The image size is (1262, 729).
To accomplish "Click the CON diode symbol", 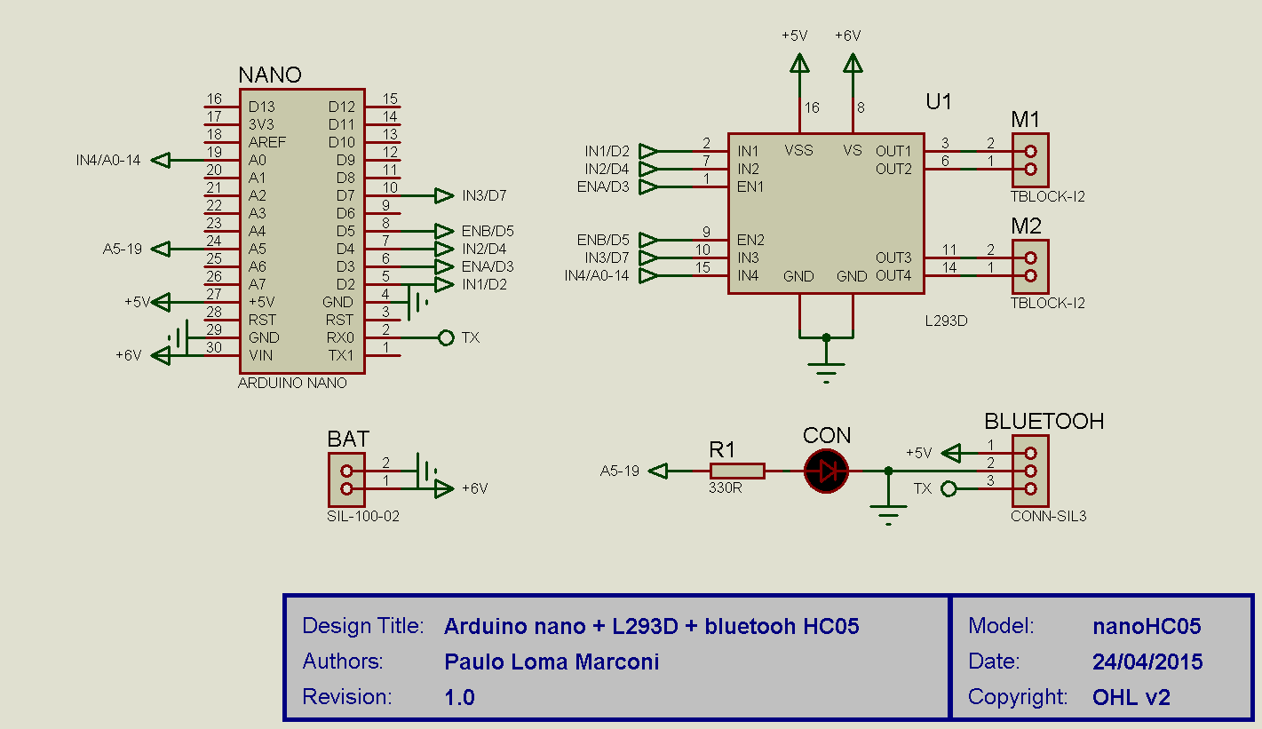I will click(826, 471).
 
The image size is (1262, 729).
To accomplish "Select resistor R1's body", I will click(736, 471).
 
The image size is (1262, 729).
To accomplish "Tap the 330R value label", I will click(725, 487).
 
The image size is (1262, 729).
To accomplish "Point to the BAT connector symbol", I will click(345, 479).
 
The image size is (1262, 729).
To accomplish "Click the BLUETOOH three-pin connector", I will click(1030, 471).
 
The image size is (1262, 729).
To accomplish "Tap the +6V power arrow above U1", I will click(853, 64).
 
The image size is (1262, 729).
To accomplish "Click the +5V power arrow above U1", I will click(799, 64).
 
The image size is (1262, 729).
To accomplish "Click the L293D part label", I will click(946, 321).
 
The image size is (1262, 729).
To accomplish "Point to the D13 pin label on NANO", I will click(262, 107).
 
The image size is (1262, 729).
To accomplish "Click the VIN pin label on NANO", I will click(261, 355).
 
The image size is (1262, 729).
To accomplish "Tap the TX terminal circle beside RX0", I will click(446, 337).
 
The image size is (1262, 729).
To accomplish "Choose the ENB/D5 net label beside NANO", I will click(488, 231).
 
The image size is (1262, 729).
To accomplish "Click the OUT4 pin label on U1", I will click(893, 275).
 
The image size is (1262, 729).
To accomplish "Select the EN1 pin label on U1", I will click(750, 186).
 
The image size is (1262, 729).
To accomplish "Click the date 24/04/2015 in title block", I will click(1147, 662).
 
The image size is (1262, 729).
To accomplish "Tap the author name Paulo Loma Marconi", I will click(552, 662).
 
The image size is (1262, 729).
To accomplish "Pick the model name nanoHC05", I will click(1147, 626).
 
